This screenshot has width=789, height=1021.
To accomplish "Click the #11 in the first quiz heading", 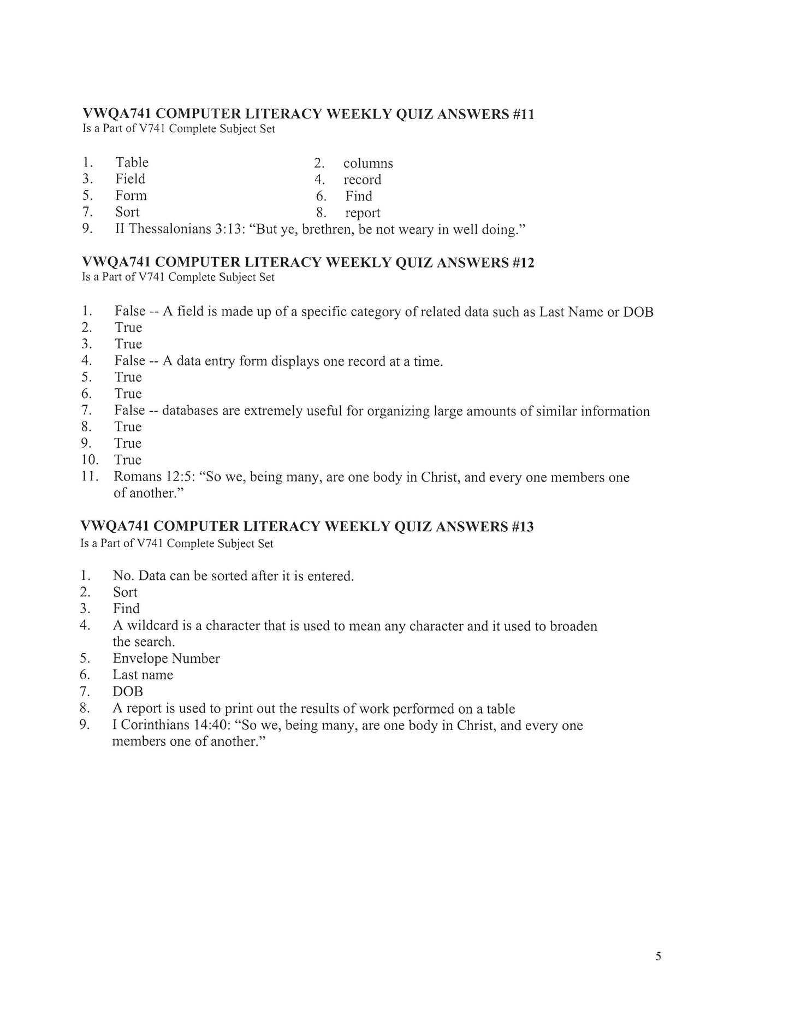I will point(523,114).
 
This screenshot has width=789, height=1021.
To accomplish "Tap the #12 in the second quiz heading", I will point(523,263).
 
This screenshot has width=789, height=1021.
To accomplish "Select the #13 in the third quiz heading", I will point(522,526).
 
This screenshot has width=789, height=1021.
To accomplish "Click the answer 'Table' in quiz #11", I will point(132,163).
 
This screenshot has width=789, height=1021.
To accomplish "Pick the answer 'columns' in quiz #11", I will point(368,163).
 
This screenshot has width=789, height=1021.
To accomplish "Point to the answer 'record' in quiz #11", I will point(362,180).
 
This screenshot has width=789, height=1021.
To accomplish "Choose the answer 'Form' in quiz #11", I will point(131,195).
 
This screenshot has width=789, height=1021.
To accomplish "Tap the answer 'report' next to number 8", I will point(363,213).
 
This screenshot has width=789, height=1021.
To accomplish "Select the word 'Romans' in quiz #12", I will point(138,477).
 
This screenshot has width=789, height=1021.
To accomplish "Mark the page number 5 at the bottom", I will point(658,955).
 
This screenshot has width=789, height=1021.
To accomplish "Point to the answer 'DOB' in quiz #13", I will point(128,692).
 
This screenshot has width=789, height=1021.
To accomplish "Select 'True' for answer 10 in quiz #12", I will point(128,460).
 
